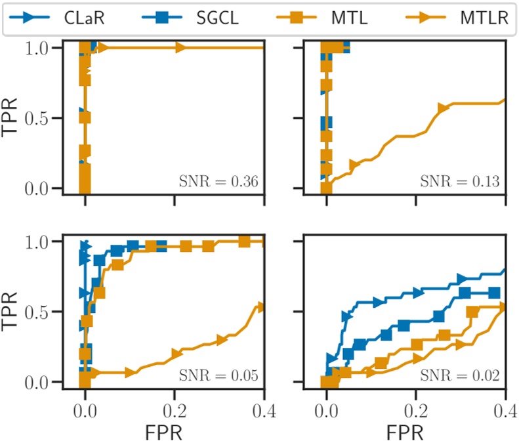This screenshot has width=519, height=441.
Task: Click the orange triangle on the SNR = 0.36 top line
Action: pyautogui.click(x=180, y=47)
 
